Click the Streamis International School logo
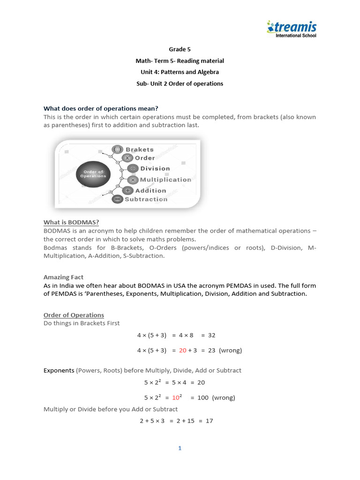tap(291, 29)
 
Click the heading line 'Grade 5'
tap(180, 49)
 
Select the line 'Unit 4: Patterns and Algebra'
tap(180, 72)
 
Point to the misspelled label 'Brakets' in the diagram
tap(139, 150)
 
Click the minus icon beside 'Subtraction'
tap(117, 199)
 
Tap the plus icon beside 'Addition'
tap(127, 190)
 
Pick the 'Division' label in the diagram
tap(155, 169)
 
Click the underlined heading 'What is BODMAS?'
tap(71, 222)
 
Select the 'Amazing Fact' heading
tap(63, 277)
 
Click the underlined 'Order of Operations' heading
tap(74, 315)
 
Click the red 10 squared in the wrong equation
tap(177, 397)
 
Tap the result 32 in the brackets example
tap(211, 335)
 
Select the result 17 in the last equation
tap(209, 421)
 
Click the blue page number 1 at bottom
tap(180, 449)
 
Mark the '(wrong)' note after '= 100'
tap(223, 398)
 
